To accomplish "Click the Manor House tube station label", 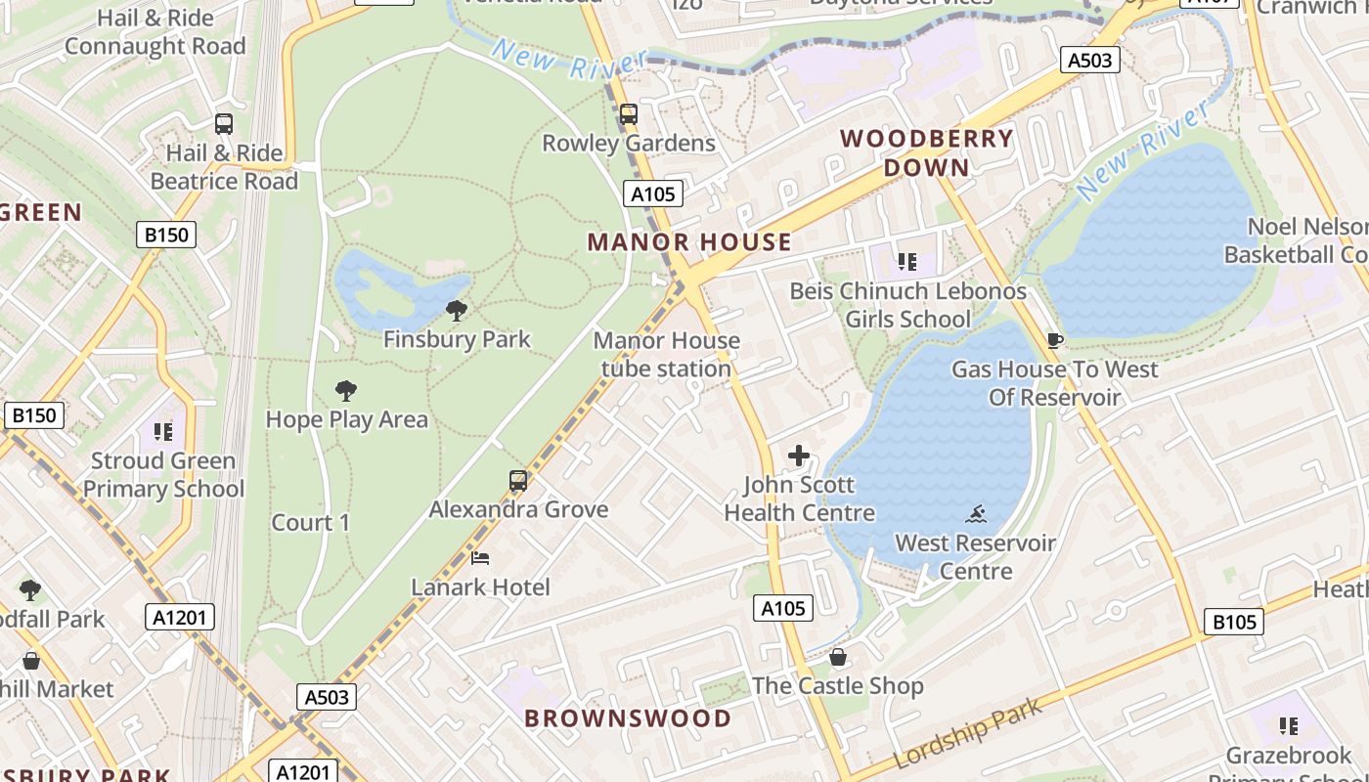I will click(666, 355).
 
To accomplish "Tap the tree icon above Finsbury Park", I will click(456, 311).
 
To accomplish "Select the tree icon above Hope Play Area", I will click(345, 391).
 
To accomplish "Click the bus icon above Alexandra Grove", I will click(518, 481).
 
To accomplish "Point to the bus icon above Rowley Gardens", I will click(629, 114).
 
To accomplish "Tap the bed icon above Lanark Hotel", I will click(480, 558).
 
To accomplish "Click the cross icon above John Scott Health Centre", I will click(799, 456).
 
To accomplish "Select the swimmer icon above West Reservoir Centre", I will click(975, 514).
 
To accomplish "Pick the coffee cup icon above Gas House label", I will click(1054, 340).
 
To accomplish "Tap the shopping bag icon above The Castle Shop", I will click(837, 657).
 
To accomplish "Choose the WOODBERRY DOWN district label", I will click(926, 152).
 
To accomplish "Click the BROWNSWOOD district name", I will click(628, 718).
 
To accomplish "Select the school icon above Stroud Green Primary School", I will click(163, 431).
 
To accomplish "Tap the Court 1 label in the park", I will click(310, 523).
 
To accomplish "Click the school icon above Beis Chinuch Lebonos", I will click(907, 262).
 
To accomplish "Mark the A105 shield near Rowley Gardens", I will click(652, 194).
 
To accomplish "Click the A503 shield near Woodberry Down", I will click(1089, 60).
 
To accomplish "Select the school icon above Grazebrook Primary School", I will click(1289, 726).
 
